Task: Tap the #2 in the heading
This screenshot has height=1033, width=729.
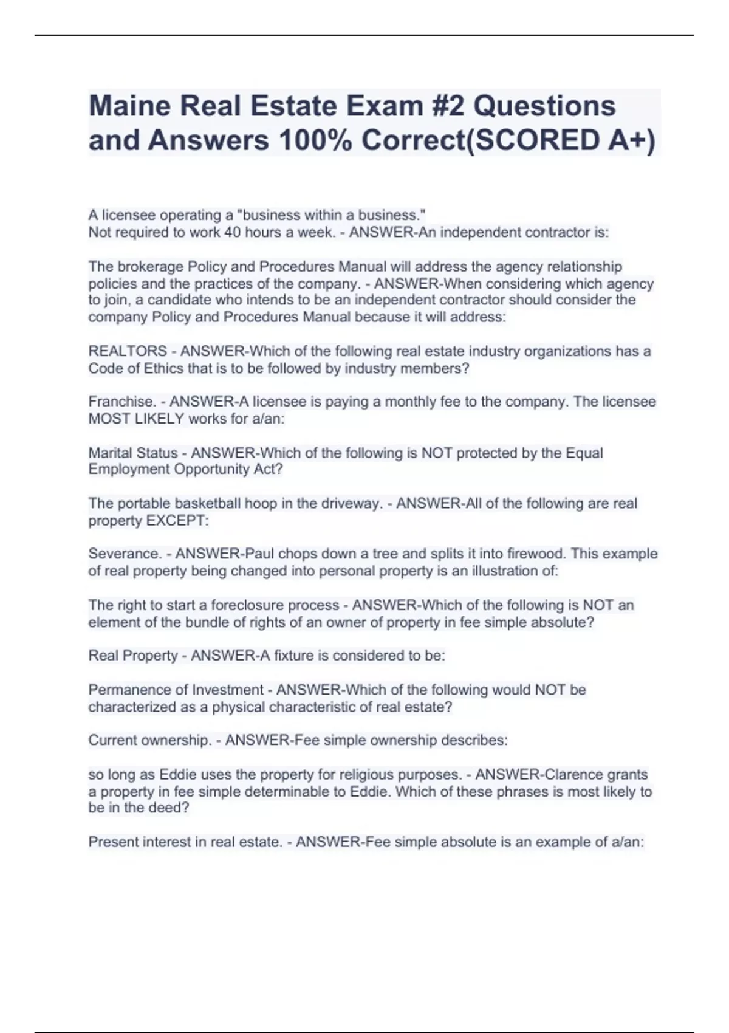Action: point(447,106)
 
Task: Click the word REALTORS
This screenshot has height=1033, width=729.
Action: point(128,351)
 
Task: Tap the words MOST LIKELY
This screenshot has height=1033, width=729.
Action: point(136,419)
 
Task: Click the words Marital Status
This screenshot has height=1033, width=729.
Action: point(133,453)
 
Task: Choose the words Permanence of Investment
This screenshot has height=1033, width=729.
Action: point(176,690)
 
